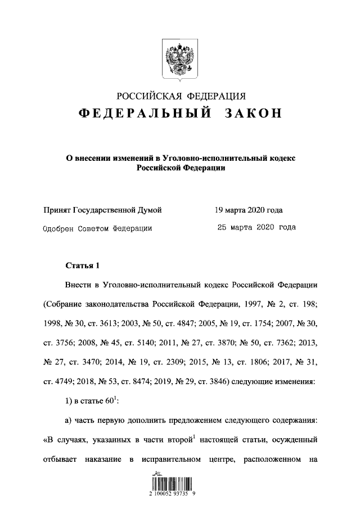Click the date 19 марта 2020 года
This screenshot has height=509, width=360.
click(x=248, y=210)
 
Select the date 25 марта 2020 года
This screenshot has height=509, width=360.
click(x=256, y=228)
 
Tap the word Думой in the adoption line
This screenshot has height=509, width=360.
click(x=150, y=210)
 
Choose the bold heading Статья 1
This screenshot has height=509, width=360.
click(x=82, y=264)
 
